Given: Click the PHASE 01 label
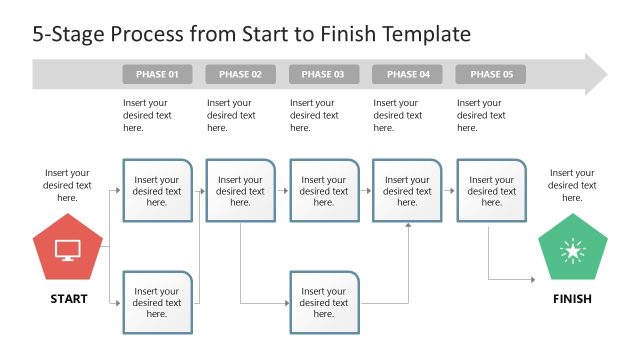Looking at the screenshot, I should [157, 75].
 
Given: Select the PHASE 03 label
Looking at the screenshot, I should [323, 75].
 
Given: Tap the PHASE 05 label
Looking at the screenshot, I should [490, 75].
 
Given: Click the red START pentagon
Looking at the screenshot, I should [67, 250].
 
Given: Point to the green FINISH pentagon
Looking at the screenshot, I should [572, 250].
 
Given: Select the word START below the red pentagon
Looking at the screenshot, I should [68, 299].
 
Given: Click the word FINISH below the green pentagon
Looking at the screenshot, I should [572, 299].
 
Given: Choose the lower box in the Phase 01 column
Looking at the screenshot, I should [157, 302].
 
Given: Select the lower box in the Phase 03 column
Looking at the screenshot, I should [323, 302].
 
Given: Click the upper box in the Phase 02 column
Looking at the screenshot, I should [240, 190].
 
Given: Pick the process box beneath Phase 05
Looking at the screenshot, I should [490, 190].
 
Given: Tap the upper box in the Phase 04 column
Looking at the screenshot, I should [407, 190].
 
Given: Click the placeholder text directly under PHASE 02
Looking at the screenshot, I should [231, 115].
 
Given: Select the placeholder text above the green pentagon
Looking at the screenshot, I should [572, 185].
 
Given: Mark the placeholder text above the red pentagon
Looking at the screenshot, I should [67, 185].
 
